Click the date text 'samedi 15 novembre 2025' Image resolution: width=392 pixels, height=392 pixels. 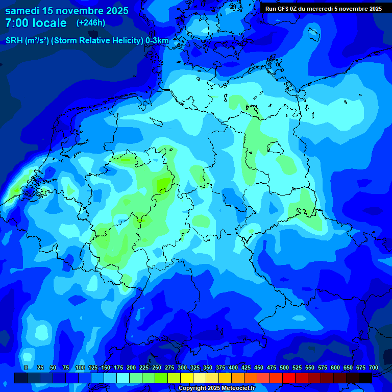point(67,11)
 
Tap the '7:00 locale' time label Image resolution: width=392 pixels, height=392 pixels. point(36,23)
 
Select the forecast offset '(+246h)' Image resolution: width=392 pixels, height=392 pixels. point(91,23)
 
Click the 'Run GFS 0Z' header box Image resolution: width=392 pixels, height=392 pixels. point(323,9)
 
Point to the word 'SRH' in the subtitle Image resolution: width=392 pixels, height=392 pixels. point(14,41)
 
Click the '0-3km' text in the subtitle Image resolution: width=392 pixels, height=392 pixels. point(157,41)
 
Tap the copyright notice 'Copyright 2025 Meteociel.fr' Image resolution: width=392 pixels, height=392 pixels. point(216,388)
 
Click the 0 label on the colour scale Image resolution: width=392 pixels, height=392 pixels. point(26,367)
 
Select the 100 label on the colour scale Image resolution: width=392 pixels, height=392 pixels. point(80,367)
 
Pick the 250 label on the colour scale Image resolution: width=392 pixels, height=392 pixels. point(157,367)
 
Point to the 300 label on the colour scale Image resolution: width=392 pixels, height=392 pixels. point(182,367)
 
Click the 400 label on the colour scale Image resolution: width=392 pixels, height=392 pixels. point(233,367)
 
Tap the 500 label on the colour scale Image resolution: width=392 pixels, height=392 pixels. point(284,367)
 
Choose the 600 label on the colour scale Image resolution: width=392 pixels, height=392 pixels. point(335,367)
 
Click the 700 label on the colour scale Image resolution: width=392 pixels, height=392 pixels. point(374,367)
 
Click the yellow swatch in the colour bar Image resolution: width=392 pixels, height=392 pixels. point(187,378)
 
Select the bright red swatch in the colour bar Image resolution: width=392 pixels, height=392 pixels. point(289,378)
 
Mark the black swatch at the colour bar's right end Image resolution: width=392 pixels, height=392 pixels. point(365,378)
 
